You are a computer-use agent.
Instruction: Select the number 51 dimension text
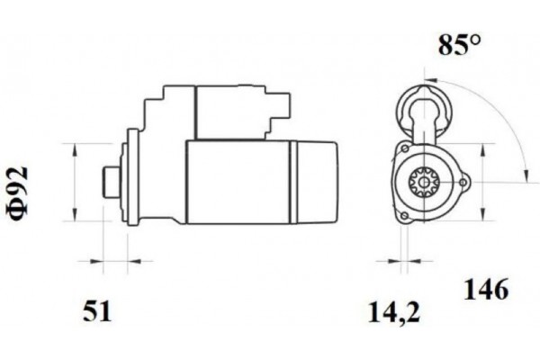point(98,311)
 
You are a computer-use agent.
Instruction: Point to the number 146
point(486,290)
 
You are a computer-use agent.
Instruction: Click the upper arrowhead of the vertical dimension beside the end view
point(489,147)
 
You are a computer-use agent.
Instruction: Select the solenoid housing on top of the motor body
point(225,112)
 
